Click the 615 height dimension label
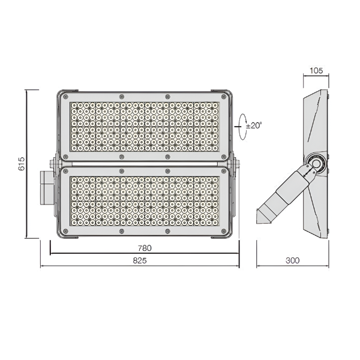22,164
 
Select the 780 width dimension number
145,248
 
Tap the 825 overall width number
140,260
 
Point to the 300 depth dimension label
293,260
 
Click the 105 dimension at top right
316,71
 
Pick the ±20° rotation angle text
254,125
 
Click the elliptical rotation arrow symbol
242,127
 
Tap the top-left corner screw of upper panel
65,96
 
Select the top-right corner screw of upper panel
223,96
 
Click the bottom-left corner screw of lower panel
65,231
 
